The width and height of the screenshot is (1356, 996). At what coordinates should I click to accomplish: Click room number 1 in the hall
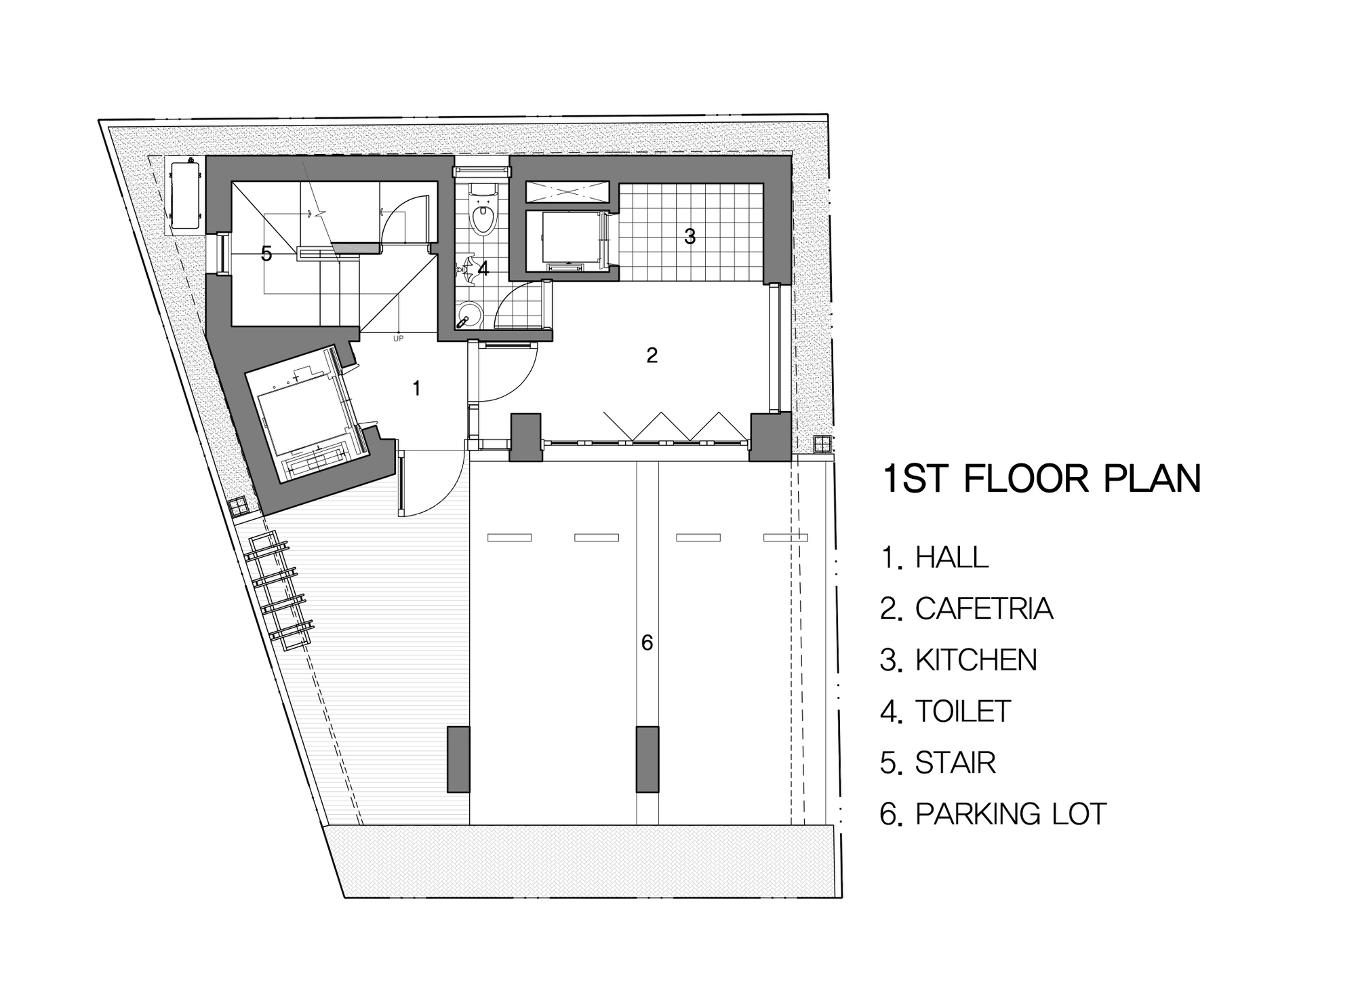click(416, 388)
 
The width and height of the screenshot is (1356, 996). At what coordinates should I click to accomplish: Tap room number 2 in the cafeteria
click(652, 355)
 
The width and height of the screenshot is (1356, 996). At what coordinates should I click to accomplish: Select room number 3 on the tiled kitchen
click(690, 236)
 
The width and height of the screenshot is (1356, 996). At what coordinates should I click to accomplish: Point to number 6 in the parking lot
click(647, 643)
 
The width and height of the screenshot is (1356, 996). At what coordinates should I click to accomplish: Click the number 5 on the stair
click(266, 254)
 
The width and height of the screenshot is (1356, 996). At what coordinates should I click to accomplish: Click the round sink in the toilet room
click(469, 314)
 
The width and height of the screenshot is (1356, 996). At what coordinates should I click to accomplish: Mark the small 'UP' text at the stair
click(398, 338)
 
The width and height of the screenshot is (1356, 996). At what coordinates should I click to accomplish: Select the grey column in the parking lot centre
click(647, 759)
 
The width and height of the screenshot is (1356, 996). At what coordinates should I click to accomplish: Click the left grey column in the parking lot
click(458, 759)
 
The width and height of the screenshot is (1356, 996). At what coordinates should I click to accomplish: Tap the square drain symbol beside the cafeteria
click(822, 444)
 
